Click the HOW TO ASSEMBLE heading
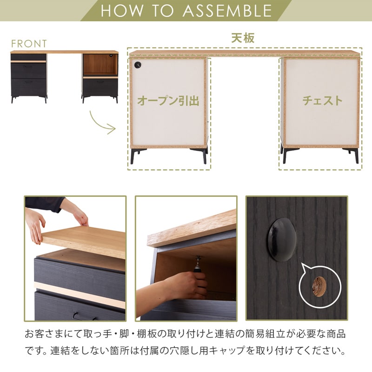click(x=186, y=11)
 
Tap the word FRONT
click(x=29, y=44)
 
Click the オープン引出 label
click(x=168, y=100)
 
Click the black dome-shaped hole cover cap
click(x=282, y=239)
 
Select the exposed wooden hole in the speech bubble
click(x=319, y=284)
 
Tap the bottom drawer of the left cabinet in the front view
click(x=29, y=86)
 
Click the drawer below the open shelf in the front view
click(x=100, y=86)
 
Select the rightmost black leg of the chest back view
click(x=356, y=156)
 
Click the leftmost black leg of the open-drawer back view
click(x=133, y=156)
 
